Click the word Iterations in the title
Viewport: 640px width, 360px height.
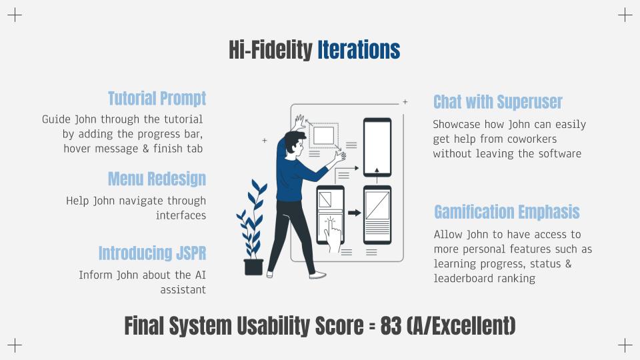(359, 50)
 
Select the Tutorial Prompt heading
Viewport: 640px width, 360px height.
(157, 99)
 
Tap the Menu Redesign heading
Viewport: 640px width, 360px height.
(157, 179)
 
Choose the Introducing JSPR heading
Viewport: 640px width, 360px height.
(152, 253)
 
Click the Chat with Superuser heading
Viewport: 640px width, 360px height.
(498, 102)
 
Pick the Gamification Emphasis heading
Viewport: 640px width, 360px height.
(507, 212)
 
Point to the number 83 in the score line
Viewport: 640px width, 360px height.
(391, 326)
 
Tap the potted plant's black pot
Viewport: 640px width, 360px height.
(253, 267)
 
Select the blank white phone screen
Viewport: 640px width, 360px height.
(377, 147)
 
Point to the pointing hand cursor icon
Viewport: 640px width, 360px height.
(332, 234)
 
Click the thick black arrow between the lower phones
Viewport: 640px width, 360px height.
(354, 213)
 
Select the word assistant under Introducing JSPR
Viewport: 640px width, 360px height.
(183, 290)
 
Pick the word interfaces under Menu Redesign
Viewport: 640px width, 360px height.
(181, 215)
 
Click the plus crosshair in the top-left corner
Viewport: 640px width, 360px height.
(15, 15)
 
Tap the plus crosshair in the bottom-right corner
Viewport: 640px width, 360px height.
(625, 345)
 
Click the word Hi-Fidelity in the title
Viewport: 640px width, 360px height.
(271, 50)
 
